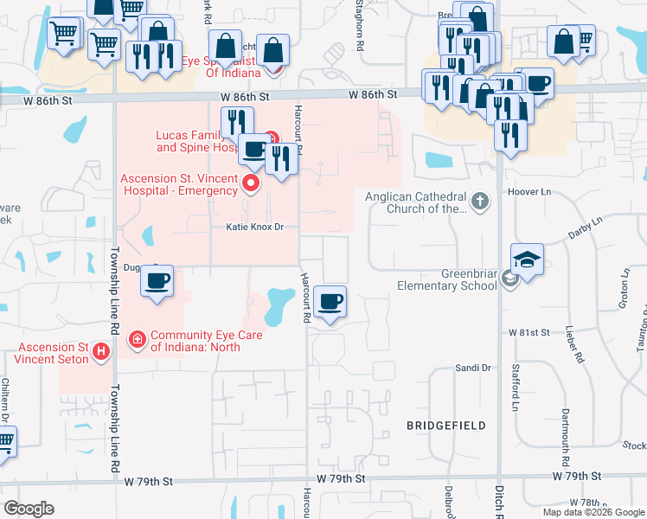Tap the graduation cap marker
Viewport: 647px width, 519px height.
[x=528, y=259]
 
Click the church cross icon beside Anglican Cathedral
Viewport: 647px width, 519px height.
[x=481, y=202]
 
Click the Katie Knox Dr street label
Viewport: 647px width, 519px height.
[x=255, y=227]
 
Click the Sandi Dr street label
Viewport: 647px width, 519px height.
[x=473, y=368]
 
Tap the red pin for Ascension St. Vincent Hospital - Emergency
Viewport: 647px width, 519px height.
[x=252, y=183]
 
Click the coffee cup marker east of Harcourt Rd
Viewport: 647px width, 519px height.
[x=330, y=303]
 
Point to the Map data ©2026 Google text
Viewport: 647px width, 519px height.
[x=593, y=512]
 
